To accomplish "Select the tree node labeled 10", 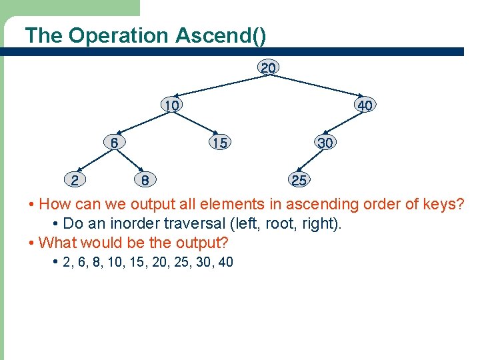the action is tap(172, 105).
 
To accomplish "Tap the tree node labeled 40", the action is tap(365, 105).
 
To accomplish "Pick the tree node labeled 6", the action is tap(115, 143).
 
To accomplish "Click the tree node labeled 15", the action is tap(219, 143).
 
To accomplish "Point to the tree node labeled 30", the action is tap(326, 143).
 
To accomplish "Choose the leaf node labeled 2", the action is tap(75, 180).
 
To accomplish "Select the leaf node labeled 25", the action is tap(299, 180).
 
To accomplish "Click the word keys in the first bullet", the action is tap(442, 204).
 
